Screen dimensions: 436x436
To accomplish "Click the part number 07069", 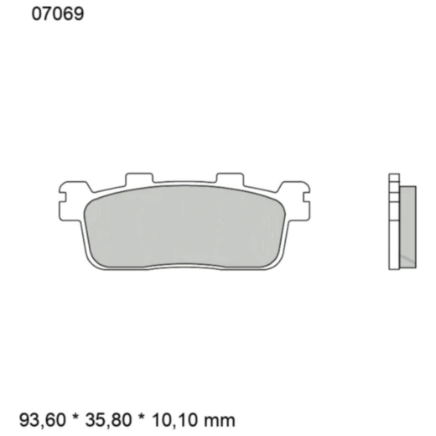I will pos(57,14).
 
